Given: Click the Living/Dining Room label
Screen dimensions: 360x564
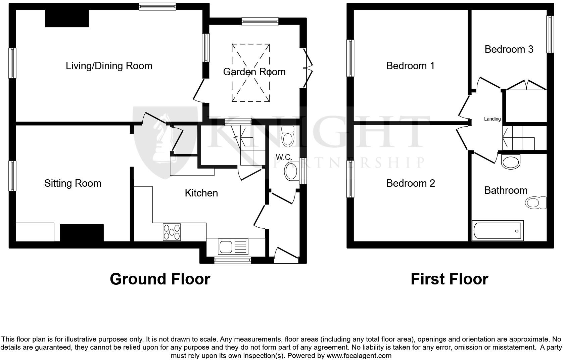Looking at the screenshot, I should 109,65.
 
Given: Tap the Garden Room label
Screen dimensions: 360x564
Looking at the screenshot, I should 254,72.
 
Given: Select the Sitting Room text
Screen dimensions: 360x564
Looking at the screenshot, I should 73,183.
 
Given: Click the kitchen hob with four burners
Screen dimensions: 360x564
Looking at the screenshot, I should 172,232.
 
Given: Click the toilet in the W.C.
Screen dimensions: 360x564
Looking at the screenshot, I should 288,136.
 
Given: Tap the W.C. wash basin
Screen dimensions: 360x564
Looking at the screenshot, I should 291,171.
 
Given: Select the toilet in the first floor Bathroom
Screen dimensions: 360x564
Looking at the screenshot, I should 536,203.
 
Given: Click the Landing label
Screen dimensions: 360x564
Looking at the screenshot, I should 492,119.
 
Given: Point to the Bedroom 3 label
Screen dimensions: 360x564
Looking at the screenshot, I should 509,49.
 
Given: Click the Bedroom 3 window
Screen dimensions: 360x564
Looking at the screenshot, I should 550,34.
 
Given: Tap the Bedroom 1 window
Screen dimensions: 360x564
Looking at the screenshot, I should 350,58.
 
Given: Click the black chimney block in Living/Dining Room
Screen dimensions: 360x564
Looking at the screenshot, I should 67,18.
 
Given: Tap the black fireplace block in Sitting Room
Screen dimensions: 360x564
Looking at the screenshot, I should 82,232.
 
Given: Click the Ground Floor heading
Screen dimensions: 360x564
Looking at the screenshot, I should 160,279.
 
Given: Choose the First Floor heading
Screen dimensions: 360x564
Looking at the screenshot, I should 449,279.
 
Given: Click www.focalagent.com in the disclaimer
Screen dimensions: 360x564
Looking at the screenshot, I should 359,355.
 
